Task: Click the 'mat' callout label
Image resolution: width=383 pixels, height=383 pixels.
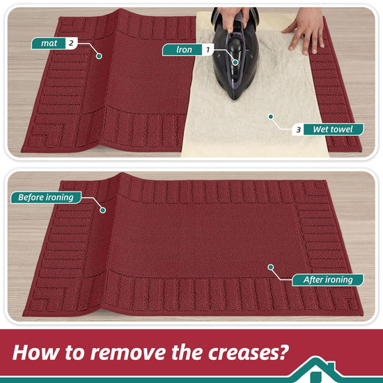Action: [x=49, y=43]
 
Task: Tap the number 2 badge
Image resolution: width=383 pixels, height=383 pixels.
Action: [x=71, y=43]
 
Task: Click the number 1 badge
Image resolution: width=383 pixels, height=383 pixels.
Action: [x=208, y=50]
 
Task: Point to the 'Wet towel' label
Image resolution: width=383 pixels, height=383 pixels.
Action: [x=334, y=130]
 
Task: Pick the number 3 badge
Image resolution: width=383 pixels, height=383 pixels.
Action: [x=298, y=130]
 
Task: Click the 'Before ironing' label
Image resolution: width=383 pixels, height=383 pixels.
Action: [x=46, y=197]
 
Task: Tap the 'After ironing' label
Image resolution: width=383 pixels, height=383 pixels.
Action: [x=328, y=280]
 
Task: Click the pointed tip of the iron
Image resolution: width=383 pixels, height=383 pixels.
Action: [x=235, y=99]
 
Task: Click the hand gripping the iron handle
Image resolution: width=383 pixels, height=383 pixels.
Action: [x=233, y=17]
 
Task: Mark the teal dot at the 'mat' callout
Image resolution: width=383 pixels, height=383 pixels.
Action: [x=99, y=56]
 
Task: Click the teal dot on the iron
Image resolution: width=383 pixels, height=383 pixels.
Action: [x=235, y=63]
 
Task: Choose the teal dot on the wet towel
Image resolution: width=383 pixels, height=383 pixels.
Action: [x=271, y=117]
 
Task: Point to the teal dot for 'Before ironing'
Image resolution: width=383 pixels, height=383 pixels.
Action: [x=103, y=210]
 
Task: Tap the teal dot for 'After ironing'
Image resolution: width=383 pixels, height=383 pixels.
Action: [x=271, y=267]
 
